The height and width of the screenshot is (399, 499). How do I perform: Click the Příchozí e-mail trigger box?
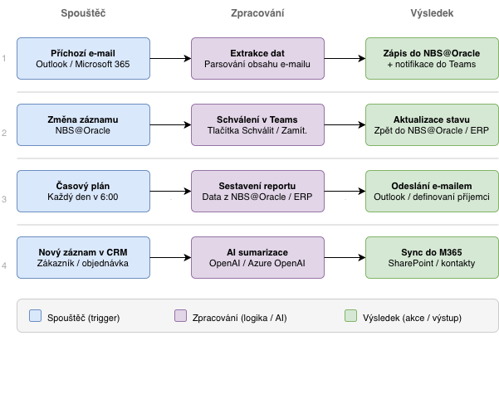83,58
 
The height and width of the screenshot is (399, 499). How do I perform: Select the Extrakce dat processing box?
257,58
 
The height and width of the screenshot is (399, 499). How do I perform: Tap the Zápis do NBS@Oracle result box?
432,58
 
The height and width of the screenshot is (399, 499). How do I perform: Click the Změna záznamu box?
83,124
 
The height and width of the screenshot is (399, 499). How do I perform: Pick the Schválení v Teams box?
257,124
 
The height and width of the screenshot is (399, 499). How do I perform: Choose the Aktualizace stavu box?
432,124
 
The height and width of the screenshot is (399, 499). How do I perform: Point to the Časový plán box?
83,191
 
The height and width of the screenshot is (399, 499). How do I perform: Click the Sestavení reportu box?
257,191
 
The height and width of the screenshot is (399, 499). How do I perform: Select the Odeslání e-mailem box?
432,191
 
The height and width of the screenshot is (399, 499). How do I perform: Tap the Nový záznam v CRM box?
83,257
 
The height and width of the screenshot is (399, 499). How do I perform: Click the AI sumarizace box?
257,257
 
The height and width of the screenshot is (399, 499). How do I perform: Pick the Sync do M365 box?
432,257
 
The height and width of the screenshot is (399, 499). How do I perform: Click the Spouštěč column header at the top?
83,14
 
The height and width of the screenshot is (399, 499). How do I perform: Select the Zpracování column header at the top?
257,14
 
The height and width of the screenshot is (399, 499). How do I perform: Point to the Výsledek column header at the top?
432,14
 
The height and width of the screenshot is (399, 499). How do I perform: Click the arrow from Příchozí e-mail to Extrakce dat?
170,58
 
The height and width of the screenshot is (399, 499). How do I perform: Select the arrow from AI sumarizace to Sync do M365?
345,257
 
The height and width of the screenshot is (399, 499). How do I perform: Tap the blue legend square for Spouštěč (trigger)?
35,315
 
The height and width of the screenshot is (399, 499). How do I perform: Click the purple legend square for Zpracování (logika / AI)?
180,315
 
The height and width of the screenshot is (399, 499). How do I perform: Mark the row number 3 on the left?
4,199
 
